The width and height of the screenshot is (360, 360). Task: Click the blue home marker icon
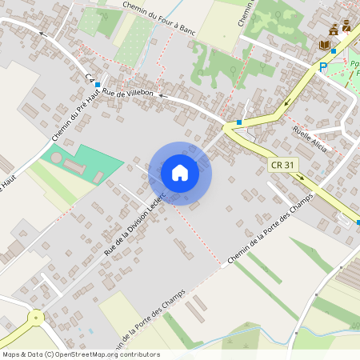tap(180, 173)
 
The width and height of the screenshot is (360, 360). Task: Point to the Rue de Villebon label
tap(128, 94)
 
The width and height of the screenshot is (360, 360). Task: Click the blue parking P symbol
tap(323, 67)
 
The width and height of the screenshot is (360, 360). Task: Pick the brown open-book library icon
tap(325, 46)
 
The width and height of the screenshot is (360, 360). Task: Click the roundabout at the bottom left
tap(36, 318)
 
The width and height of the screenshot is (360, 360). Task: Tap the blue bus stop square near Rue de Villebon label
tap(98, 84)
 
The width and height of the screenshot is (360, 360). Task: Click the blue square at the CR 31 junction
tap(238, 122)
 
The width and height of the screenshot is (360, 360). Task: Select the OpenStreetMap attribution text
tap(80, 354)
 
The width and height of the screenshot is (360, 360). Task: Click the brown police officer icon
tap(346, 26)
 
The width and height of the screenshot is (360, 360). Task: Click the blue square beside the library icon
tap(334, 51)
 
